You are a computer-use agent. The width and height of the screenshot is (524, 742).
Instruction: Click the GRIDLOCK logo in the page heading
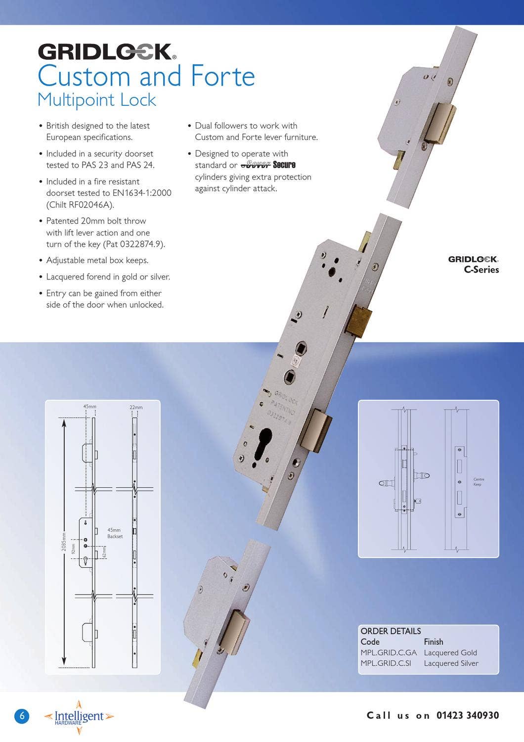pyautogui.click(x=106, y=51)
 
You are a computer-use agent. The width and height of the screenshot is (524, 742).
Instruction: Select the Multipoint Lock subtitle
pyautogui.click(x=97, y=100)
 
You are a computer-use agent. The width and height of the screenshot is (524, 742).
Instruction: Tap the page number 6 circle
pyautogui.click(x=21, y=716)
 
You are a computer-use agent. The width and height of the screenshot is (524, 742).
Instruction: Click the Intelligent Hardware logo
pyautogui.click(x=79, y=717)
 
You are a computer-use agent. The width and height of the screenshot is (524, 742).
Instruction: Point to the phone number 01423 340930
pyautogui.click(x=467, y=715)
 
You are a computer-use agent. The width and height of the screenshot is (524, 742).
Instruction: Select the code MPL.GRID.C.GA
pyautogui.click(x=389, y=652)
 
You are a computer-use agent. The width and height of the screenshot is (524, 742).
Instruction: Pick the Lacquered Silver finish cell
pyautogui.click(x=451, y=663)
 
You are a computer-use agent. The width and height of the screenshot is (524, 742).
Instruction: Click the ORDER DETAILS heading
pyautogui.click(x=391, y=631)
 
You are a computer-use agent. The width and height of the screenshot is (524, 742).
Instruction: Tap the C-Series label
pyautogui.click(x=481, y=270)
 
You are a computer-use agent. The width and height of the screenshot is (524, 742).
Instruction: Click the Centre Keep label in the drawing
pyautogui.click(x=478, y=482)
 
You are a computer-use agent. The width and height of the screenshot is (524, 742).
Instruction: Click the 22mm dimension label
pyautogui.click(x=136, y=407)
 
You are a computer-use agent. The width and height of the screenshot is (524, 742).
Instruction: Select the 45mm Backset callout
pyautogui.click(x=115, y=533)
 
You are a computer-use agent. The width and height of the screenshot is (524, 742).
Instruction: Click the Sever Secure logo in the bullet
pyautogui.click(x=268, y=165)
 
